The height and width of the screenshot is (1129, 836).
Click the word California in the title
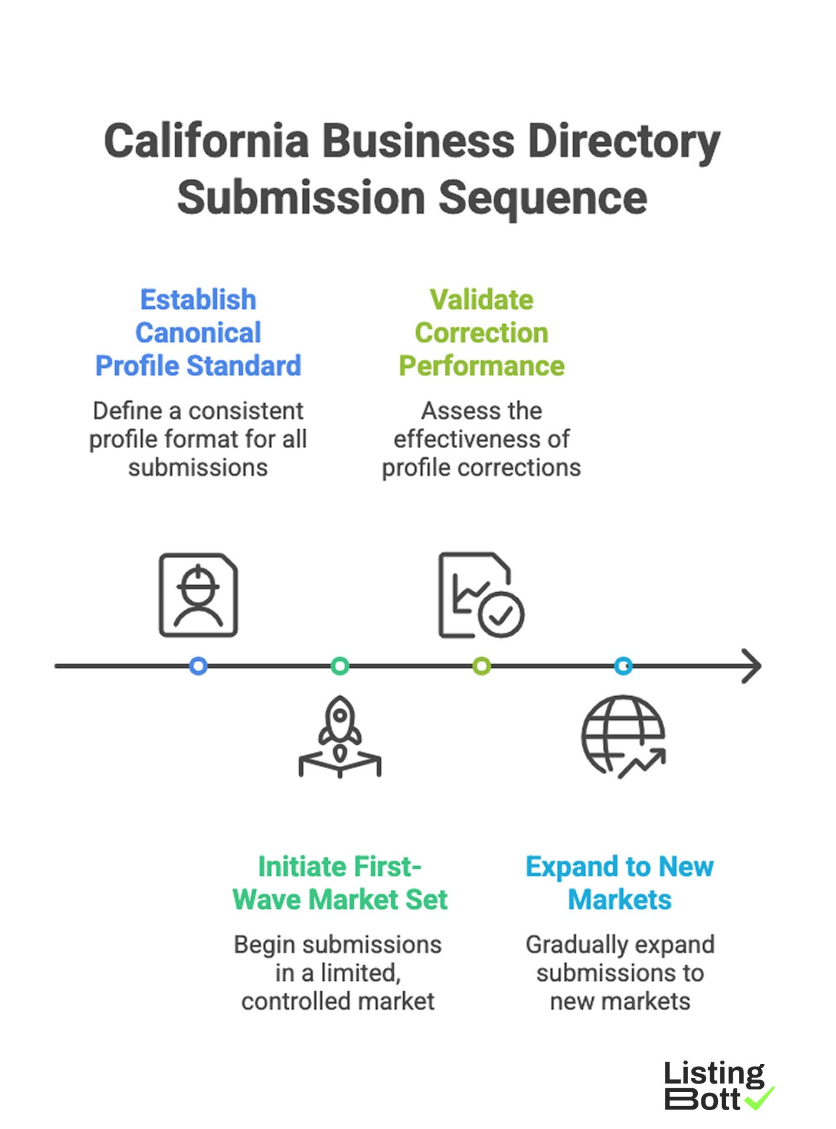click(x=206, y=142)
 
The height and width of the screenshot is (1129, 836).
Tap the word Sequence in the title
click(x=543, y=198)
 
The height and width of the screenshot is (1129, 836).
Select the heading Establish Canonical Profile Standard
click(x=198, y=333)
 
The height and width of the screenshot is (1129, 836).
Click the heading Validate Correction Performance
click(x=481, y=333)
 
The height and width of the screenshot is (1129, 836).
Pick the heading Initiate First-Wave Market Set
click(x=339, y=883)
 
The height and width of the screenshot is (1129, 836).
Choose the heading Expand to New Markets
click(x=619, y=883)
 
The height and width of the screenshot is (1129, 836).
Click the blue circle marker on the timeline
click(x=198, y=666)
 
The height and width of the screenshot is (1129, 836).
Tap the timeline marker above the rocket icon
click(x=339, y=666)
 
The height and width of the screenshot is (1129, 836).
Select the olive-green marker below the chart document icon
click(x=482, y=666)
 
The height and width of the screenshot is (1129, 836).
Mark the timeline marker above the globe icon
click(x=623, y=666)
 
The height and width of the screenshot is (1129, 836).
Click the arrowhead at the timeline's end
click(x=753, y=666)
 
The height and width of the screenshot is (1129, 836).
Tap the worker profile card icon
click(x=198, y=595)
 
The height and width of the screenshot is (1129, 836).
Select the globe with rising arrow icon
click(x=623, y=736)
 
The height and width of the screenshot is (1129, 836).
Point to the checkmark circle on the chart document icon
click(x=501, y=615)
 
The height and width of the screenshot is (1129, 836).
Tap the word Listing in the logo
click(x=714, y=1074)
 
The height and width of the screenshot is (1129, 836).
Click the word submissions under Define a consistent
click(x=198, y=468)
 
